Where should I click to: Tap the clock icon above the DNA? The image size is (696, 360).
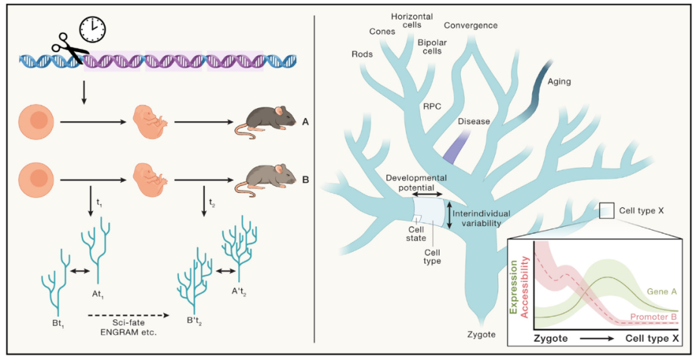coord(93,28)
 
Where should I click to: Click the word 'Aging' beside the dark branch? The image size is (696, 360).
coord(559,82)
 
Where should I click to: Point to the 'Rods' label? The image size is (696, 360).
coord(362,55)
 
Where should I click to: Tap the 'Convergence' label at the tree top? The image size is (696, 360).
coord(470,25)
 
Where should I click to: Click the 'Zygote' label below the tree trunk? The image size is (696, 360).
coord(481,334)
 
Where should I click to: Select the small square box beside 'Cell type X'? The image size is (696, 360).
coord(607,211)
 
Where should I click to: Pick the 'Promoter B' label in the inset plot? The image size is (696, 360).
coord(653,317)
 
